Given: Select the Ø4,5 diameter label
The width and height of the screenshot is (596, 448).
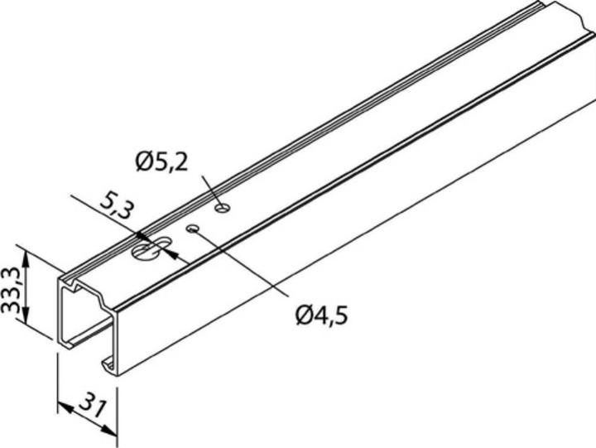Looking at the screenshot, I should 320,315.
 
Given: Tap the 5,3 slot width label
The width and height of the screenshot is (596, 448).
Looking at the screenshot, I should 113,205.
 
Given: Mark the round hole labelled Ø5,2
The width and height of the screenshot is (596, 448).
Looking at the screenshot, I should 221,207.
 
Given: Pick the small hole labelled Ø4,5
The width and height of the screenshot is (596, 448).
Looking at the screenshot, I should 194,229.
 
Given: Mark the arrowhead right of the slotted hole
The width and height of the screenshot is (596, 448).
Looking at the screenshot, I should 171,252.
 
